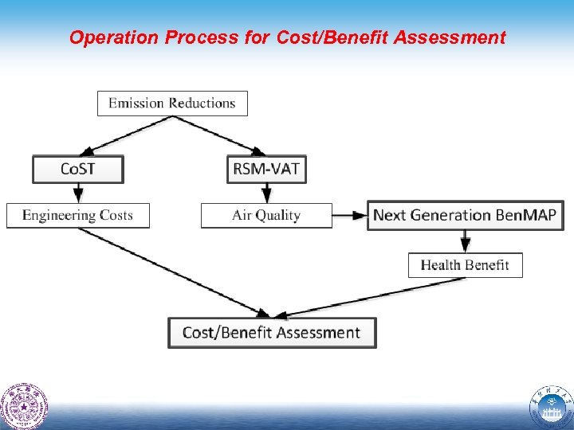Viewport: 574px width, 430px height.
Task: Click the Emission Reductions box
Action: pos(172,104)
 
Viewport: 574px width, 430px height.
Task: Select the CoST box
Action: pos(78,169)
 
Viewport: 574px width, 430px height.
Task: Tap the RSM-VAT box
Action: pos(266,169)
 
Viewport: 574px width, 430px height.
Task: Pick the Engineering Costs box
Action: pos(77,216)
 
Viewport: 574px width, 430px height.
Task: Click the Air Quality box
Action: pos(266,216)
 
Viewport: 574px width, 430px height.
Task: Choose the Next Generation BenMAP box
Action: pos(465,215)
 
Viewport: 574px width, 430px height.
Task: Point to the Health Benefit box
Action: pos(465,265)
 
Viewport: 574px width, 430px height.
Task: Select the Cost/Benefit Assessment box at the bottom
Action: pos(271,333)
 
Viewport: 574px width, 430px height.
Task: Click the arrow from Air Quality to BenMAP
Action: pos(349,215)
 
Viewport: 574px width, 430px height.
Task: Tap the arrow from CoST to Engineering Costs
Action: pos(78,193)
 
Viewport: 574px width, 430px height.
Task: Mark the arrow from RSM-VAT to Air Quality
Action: pos(266,193)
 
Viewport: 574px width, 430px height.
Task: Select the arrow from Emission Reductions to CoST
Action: pos(128,135)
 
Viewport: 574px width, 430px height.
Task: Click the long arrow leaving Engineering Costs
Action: pos(171,271)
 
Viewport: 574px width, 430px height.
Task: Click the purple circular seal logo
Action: pos(24,406)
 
